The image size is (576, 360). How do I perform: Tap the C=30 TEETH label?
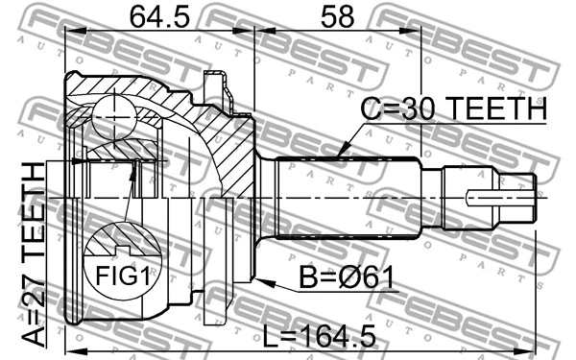click(x=452, y=112)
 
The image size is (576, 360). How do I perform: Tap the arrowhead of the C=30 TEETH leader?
click(x=342, y=155)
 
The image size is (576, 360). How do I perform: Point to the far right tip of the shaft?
click(x=534, y=198)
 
